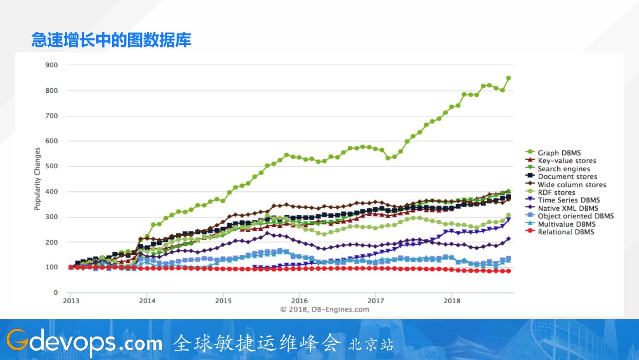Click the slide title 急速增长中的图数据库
(x=111, y=40)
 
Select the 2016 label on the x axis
(x=300, y=301)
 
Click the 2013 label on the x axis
(x=71, y=301)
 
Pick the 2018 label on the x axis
(x=452, y=301)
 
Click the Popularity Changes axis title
(x=38, y=179)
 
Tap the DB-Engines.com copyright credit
(x=324, y=309)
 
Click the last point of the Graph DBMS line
(x=509, y=78)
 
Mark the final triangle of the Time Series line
(x=509, y=220)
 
